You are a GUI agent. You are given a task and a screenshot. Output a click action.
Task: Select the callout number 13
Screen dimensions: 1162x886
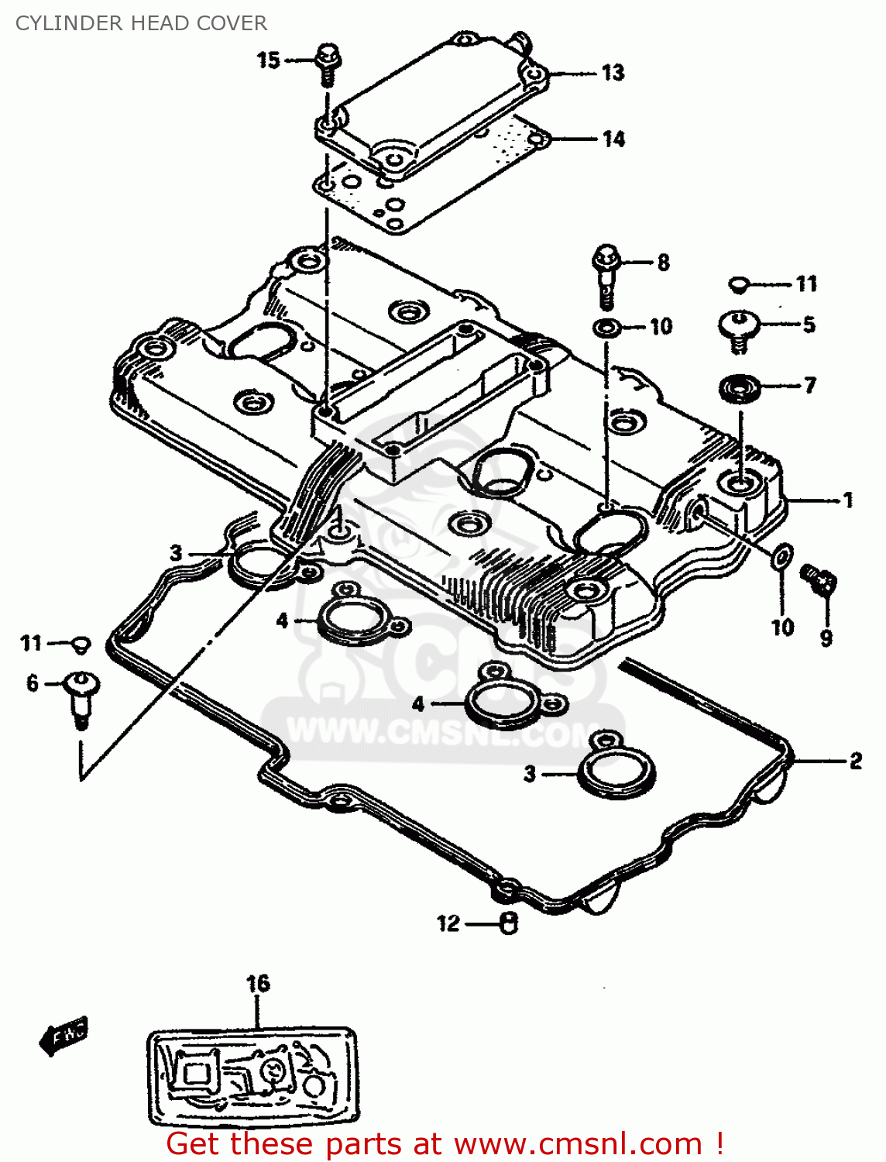point(613,73)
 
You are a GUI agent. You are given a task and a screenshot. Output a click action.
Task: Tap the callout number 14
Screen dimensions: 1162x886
point(613,139)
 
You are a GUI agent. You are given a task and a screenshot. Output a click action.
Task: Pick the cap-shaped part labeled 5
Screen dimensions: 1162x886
point(739,328)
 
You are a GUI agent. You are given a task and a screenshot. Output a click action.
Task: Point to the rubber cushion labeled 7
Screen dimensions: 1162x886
point(739,387)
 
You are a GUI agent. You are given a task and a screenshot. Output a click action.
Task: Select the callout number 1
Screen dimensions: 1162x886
point(848,500)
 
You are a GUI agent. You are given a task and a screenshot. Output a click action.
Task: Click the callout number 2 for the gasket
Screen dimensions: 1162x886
point(855,761)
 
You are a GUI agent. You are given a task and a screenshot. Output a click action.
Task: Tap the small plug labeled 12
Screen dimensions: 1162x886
point(508,923)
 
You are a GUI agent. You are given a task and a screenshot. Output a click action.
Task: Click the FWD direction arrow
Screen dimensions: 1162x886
point(64,1035)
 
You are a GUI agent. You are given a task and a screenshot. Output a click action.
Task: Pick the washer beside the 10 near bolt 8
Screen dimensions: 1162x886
point(606,327)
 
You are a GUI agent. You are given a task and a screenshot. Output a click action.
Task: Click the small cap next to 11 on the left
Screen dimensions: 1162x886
point(81,644)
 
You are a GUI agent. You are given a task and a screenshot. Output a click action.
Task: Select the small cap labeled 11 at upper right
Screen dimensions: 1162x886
point(739,284)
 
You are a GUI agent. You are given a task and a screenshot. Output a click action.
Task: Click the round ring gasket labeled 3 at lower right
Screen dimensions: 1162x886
point(617,772)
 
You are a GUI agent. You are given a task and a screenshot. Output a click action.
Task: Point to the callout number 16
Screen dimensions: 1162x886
point(258,984)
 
